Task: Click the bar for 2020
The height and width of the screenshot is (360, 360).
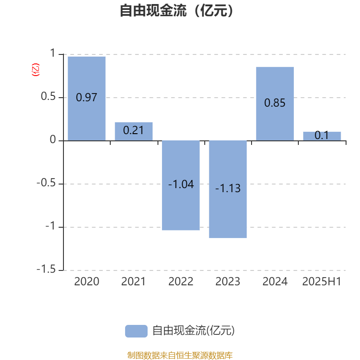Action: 86,99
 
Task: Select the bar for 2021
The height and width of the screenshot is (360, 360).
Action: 134,131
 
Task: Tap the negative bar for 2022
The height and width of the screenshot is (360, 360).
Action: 181,185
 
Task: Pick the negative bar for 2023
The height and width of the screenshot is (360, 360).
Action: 228,189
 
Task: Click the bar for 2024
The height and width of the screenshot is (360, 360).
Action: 275,104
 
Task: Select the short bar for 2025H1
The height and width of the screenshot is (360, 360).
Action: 322,136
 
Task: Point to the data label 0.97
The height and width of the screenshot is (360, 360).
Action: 86,97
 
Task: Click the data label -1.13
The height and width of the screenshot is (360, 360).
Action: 228,188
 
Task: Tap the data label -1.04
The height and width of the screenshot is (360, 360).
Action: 181,184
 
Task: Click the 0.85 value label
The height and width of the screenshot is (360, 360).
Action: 275,103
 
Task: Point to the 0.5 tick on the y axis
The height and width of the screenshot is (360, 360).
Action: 48,96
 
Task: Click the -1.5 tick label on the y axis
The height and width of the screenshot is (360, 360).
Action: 46,269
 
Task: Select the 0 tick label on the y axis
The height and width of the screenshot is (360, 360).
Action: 53,139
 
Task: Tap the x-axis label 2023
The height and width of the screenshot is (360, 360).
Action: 228,282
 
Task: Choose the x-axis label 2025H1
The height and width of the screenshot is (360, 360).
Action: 322,282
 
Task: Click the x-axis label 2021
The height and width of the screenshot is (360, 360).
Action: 133,282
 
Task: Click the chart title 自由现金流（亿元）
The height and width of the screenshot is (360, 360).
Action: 176,10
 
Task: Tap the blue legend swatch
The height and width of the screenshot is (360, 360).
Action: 136,331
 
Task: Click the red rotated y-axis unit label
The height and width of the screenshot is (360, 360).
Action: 36,70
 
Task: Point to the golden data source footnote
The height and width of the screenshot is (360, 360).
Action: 180,355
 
